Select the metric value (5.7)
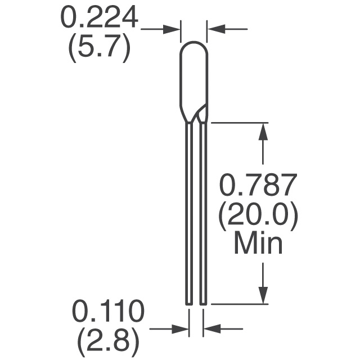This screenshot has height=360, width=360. (x=100, y=48)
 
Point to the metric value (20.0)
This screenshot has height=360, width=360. (x=259, y=217)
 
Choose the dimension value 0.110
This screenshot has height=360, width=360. (x=109, y=311)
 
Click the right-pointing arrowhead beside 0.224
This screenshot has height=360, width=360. (x=171, y=29)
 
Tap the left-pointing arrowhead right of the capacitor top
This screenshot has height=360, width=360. (x=216, y=29)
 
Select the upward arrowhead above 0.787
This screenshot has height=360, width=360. (x=263, y=132)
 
